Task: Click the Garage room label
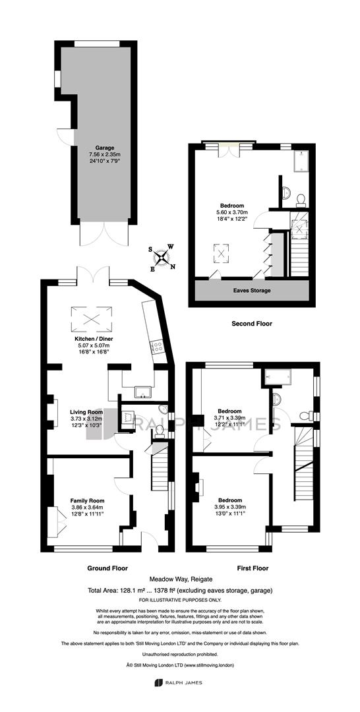coord(104,148)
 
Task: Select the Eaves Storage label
coord(253,291)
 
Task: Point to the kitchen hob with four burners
coord(158,347)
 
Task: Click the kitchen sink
coord(144,391)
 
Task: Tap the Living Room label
coord(86,412)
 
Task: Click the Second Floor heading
coord(251,324)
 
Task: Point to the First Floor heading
coord(253,568)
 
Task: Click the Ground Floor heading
coord(107,568)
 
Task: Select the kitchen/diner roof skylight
coord(91,319)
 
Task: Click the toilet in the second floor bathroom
coord(301,199)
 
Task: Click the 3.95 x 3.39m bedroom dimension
coord(229,507)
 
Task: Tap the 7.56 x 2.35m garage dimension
coord(104,154)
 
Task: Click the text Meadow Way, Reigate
coord(180,579)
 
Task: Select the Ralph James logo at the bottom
coord(180,696)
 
